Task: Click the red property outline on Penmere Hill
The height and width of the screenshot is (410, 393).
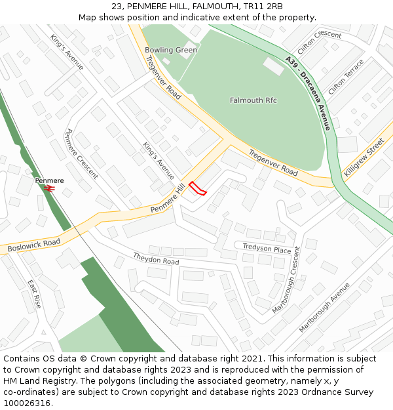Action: point(198,189)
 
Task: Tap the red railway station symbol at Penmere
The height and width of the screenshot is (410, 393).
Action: point(49,188)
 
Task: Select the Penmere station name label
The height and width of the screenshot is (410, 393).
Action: point(49,180)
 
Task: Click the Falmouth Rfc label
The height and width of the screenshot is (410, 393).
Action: point(253,100)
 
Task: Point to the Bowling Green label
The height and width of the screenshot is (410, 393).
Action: point(170,50)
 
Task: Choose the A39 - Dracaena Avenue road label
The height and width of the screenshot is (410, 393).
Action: point(309,92)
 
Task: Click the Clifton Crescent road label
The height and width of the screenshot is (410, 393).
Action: point(319,43)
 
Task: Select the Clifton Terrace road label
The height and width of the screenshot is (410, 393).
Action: point(345,76)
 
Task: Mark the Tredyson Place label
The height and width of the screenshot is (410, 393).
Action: point(267,249)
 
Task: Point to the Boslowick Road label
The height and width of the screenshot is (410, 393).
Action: point(33,245)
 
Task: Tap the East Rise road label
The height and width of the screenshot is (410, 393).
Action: point(34,294)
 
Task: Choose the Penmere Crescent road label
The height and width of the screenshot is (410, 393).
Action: point(81,154)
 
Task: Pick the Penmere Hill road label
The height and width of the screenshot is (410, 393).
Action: point(168,199)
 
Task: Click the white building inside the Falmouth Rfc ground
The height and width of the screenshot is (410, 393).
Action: point(274,66)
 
